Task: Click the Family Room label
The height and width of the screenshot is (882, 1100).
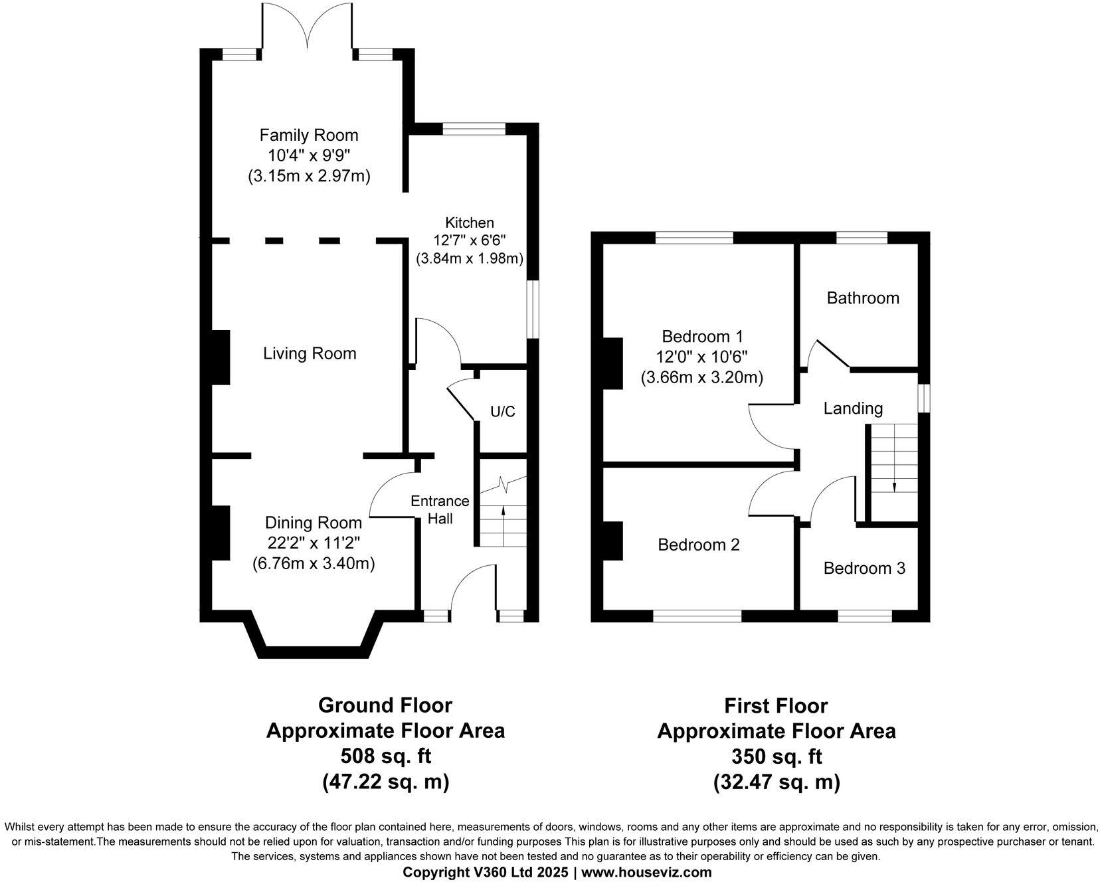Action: tap(309, 135)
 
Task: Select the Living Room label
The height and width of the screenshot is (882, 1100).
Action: tap(310, 353)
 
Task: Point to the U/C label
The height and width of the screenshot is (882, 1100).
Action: tap(503, 412)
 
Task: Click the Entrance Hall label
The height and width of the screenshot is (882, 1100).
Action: tap(440, 509)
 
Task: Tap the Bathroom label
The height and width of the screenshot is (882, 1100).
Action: tap(863, 298)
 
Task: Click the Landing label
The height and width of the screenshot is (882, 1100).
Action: tap(853, 408)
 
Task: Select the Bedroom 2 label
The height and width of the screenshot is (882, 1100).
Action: tap(698, 545)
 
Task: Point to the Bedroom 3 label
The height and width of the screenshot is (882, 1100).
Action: tap(864, 569)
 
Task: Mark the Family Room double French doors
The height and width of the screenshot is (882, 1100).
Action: tap(307, 27)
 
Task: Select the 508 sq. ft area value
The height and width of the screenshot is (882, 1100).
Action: tap(385, 756)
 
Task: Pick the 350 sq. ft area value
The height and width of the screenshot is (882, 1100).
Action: tap(777, 756)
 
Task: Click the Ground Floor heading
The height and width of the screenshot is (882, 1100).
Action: tap(385, 705)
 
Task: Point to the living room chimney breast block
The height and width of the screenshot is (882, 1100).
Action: tap(220, 357)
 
